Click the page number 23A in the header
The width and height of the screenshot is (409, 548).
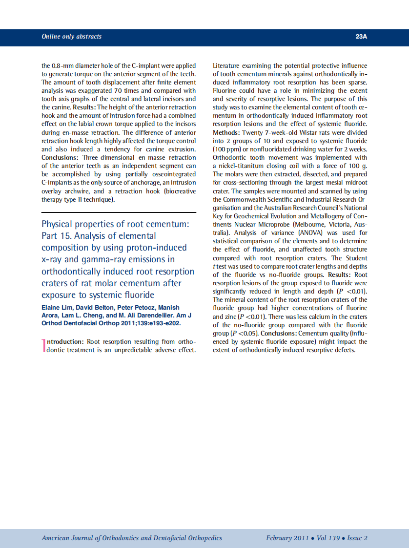coord(361,37)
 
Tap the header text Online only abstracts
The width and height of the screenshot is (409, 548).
coord(72,37)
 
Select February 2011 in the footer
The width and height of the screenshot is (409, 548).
coord(287,538)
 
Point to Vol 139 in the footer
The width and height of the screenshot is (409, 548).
coord(327,538)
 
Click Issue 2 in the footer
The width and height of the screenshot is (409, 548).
coord(357,538)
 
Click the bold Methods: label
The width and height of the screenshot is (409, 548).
coord(227,132)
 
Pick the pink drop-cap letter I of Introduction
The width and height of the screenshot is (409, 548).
coord(43,345)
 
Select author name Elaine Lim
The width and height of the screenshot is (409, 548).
coord(57,307)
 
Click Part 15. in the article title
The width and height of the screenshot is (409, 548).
coord(56,236)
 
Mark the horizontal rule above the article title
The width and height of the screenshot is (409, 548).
coord(119,212)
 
